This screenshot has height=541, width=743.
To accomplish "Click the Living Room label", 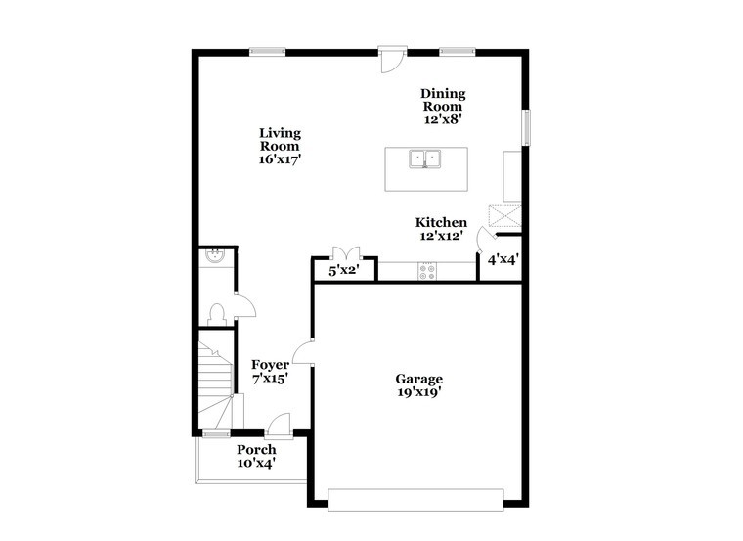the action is coord(280,139).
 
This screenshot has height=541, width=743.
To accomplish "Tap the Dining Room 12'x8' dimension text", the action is coord(443,119).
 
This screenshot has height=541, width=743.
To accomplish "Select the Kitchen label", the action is coord(441,222).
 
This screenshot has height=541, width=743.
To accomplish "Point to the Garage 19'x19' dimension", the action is coord(419,392).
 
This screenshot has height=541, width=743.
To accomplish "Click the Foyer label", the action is coord(270,365).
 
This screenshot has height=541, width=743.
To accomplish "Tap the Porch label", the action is coord(256,449).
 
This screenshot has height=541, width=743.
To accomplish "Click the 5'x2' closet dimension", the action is coord(344,271).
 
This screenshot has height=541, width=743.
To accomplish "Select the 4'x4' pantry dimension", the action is coord(503,259).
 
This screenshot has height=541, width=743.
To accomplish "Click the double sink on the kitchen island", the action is coord(425,158).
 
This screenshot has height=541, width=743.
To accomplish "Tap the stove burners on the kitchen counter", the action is coord(427,272).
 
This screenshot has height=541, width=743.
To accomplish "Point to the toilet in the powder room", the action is coord(217,314).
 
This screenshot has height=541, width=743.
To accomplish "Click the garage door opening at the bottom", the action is coord(415,500).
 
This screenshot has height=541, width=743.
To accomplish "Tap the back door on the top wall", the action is coord(393,60).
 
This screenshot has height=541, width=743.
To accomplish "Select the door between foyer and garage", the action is coord(303,353).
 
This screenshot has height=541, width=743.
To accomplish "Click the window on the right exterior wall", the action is coord(526,127).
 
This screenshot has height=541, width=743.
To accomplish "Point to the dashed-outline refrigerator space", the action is coord(505,216).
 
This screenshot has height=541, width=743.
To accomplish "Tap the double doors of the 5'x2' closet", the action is coord(346,253).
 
